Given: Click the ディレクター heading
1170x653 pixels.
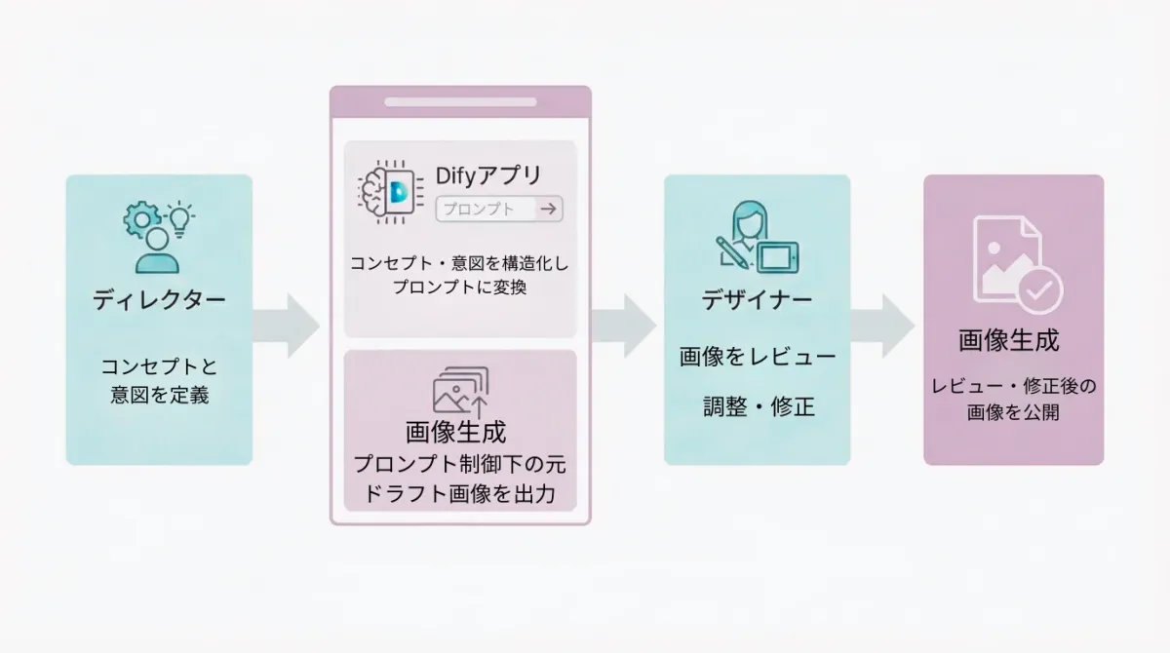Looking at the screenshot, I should tap(159, 299).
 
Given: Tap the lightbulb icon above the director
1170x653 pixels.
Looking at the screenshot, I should tap(180, 216).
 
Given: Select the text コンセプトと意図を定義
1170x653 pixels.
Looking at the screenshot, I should tap(159, 381).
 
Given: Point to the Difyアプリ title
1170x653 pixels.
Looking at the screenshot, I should tap(488, 176).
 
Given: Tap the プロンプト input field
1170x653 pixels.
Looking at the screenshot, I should tap(487, 209).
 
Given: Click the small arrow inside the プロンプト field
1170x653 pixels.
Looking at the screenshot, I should tap(548, 209).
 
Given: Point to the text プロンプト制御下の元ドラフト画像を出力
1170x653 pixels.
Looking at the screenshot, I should tap(459, 479).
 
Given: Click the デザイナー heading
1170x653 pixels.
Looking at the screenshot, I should tap(757, 299).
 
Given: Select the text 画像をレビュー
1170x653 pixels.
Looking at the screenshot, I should tap(757, 357).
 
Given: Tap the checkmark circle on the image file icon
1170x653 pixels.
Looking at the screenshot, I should tap(1039, 289).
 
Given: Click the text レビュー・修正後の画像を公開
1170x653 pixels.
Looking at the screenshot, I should tap(1013, 400).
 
